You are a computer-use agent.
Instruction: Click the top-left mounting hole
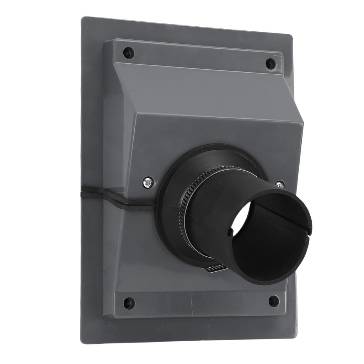pyautogui.click(x=129, y=53)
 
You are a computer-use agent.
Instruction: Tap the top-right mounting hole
pyautogui.click(x=271, y=64)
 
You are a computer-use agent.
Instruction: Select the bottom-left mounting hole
pyautogui.click(x=129, y=303)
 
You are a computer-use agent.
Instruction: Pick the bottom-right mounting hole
pyautogui.click(x=274, y=301)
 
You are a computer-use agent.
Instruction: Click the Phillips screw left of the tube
pyautogui.click(x=148, y=183)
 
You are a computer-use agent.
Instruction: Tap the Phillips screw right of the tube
pyautogui.click(x=280, y=185)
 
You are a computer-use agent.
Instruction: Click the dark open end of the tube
pyautogui.click(x=270, y=242)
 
